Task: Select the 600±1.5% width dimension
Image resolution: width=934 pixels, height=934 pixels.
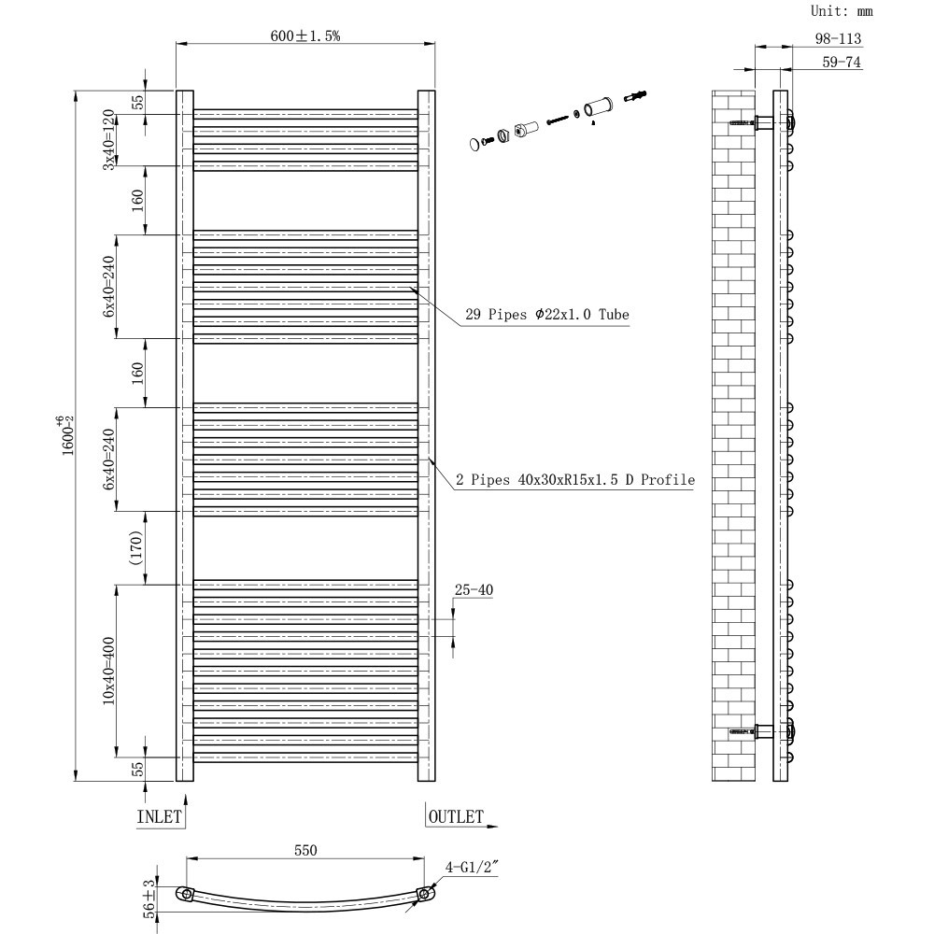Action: [x=305, y=35]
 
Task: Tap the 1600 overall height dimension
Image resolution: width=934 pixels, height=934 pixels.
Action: [x=64, y=434]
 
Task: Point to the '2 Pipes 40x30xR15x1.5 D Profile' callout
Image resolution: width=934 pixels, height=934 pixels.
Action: [x=575, y=480]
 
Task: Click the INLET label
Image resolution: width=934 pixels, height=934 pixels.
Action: [x=159, y=816]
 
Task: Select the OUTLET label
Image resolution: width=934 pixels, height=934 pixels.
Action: [x=456, y=817]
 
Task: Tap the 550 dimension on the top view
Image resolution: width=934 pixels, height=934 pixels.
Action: [x=306, y=850]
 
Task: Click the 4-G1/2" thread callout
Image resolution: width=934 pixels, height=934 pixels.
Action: [x=472, y=868]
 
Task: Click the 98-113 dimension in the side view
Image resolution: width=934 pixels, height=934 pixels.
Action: [x=837, y=38]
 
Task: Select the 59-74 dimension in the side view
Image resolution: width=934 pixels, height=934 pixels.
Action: [x=841, y=63]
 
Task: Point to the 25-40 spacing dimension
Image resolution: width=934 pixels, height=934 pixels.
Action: [x=474, y=590]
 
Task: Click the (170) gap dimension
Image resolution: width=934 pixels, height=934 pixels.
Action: [x=135, y=548]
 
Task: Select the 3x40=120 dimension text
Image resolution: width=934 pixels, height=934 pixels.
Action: [x=108, y=139]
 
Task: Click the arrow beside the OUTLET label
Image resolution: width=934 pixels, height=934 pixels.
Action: [x=492, y=827]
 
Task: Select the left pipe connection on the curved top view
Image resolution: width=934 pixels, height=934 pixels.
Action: [x=188, y=895]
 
